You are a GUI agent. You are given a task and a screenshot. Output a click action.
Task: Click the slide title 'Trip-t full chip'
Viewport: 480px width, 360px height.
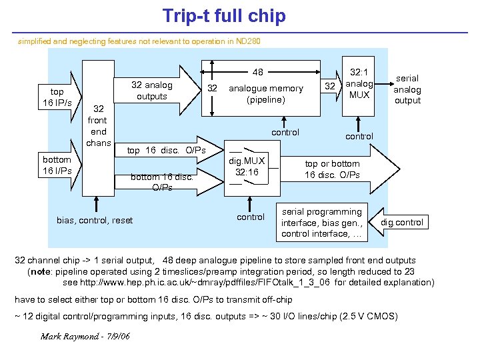click(x=224, y=15)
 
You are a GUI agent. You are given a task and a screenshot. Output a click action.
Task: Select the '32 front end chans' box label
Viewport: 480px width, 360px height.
click(x=98, y=126)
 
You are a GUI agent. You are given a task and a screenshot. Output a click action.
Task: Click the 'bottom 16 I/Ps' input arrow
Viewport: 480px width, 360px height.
click(x=57, y=165)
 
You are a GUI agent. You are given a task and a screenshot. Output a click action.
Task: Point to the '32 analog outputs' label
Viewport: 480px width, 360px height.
click(x=151, y=91)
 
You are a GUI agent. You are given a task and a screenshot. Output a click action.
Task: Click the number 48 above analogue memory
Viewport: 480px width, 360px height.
click(x=257, y=72)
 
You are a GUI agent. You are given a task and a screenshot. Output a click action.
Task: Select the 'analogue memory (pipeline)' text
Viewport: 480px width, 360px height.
click(x=265, y=94)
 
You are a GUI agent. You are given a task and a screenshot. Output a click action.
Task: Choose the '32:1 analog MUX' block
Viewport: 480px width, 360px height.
click(x=359, y=85)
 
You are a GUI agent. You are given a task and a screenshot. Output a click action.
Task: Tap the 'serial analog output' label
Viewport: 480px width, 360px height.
click(x=407, y=89)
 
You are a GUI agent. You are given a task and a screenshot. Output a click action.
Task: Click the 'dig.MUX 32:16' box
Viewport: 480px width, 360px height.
click(x=247, y=167)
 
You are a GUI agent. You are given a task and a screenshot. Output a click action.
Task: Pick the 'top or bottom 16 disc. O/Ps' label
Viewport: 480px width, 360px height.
click(x=332, y=169)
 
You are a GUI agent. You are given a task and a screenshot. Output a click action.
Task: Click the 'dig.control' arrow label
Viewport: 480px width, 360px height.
click(x=402, y=222)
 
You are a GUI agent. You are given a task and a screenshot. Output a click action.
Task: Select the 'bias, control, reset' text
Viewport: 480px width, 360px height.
click(x=95, y=220)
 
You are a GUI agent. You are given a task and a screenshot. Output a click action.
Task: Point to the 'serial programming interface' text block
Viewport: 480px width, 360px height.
click(x=321, y=223)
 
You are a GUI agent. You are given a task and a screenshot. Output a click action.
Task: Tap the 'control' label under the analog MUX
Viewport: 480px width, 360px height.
click(x=359, y=136)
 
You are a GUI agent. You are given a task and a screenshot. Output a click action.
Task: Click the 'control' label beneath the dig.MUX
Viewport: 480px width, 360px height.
click(x=251, y=217)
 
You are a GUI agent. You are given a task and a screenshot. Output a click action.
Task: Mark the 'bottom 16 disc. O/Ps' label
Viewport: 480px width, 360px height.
click(x=162, y=182)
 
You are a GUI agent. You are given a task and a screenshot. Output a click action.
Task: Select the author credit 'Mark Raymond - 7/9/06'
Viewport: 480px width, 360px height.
click(x=85, y=335)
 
